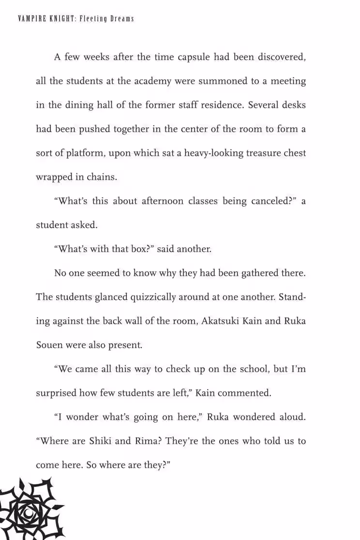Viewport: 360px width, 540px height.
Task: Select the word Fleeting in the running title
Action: [94, 19]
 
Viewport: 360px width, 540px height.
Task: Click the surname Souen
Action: [49, 345]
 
